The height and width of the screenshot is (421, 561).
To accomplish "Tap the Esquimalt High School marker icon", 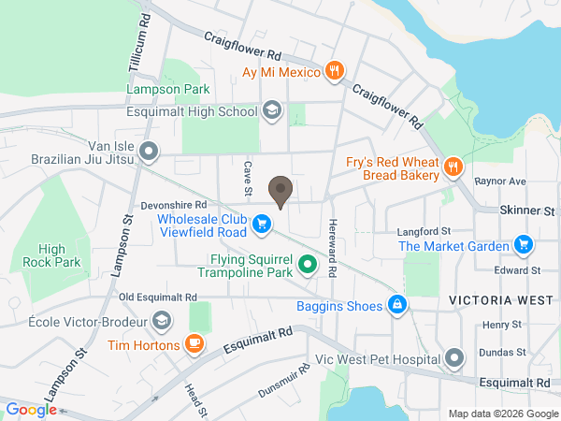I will pyautogui.click(x=272, y=111).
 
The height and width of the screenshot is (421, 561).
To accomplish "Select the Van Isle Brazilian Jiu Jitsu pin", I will pyautogui.click(x=148, y=151).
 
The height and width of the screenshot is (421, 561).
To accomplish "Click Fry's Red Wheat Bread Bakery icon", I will pyautogui.click(x=453, y=167).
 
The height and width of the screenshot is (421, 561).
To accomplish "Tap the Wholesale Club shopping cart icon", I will pyautogui.click(x=262, y=224).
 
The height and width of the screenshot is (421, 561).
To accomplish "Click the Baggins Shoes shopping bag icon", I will pyautogui.click(x=397, y=305).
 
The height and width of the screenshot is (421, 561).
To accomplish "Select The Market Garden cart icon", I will pyautogui.click(x=524, y=246).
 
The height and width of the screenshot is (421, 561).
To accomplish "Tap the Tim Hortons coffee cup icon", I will pyautogui.click(x=194, y=344).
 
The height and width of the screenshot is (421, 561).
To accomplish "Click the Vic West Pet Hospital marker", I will pyautogui.click(x=454, y=358).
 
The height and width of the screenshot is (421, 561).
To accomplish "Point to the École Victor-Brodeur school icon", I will pyautogui.click(x=161, y=321).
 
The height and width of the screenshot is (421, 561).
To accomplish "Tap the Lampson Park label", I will pyautogui.click(x=167, y=90).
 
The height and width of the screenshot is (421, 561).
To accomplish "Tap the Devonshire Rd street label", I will pyautogui.click(x=174, y=204).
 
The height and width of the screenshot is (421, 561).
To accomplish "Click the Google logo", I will pyautogui.click(x=31, y=409).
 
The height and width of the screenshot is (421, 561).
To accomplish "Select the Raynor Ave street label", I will pyautogui.click(x=500, y=181).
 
